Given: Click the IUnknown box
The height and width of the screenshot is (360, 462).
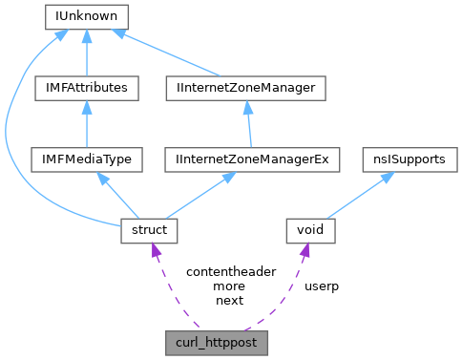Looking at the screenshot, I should click(x=87, y=16).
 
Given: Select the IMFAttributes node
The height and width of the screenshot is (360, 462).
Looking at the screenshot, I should click(x=87, y=88).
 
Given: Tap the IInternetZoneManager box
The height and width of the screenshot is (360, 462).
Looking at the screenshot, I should click(x=246, y=88).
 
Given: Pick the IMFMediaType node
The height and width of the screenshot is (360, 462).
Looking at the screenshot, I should click(x=87, y=159).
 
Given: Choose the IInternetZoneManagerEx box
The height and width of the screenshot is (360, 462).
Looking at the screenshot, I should click(x=246, y=159).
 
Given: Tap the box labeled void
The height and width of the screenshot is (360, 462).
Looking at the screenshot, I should click(x=311, y=230).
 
